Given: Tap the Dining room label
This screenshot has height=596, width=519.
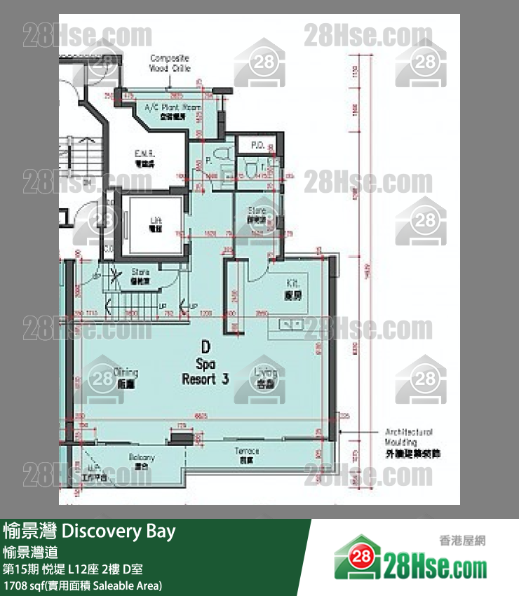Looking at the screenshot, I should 127,377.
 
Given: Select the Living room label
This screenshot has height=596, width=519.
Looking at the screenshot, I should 266,377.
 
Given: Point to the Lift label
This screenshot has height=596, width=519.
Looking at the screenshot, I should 156,224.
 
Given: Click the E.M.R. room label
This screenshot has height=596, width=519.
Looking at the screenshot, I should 146,157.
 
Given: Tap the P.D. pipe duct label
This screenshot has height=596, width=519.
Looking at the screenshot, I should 257,147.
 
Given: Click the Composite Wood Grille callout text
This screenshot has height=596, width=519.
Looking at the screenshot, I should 170,64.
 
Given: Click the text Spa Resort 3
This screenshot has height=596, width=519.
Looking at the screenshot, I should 205,372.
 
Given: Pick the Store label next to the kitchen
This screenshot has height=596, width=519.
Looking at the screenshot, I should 257,213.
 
